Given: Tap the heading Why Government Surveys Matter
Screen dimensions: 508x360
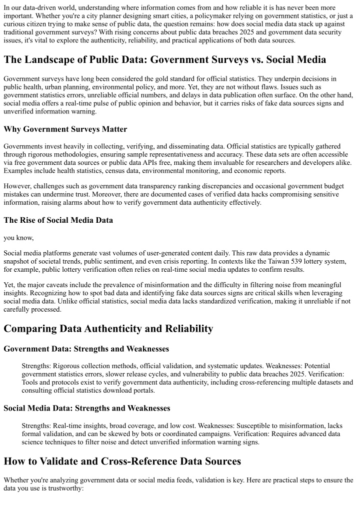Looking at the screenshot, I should pyautogui.click(x=65, y=129).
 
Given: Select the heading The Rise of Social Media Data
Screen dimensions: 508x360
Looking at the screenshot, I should pyautogui.click(x=58, y=220).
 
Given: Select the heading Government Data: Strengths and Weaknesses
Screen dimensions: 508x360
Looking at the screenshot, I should pyautogui.click(x=86, y=349).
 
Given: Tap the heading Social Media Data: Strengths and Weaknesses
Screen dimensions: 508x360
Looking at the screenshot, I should pyautogui.click(x=86, y=408).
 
